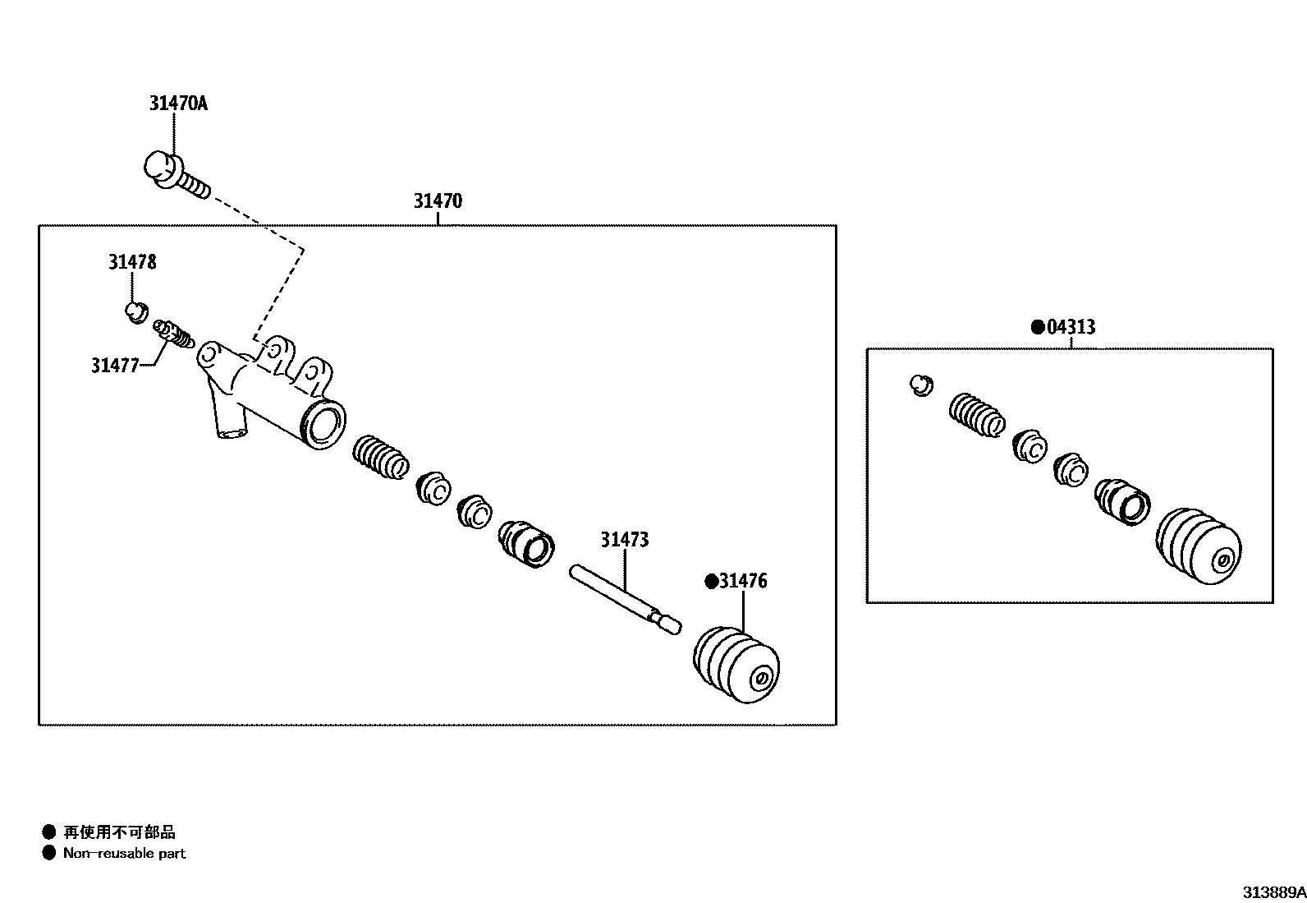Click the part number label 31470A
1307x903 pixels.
pos(178,104)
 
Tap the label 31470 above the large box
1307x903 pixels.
pos(438,201)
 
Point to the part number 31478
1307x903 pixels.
pos(132,262)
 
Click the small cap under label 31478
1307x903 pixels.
pos(135,311)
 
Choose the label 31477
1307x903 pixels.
pos(115,366)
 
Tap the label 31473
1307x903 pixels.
pos(624,540)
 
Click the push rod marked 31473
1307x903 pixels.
pos(624,597)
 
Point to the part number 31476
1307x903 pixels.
pos(743,582)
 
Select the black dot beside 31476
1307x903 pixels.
pos(711,583)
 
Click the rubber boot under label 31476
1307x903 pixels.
pos(736,665)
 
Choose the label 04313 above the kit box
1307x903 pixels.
pos(1071,327)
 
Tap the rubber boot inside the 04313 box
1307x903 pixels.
pos(1199,546)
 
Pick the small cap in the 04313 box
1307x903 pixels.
pos(921,385)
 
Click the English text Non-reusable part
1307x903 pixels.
pos(125,854)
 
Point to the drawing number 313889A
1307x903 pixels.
pos(1273,892)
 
